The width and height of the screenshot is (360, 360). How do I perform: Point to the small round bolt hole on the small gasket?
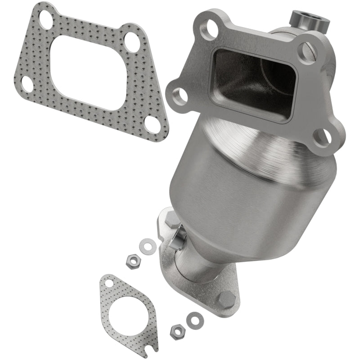(109, 283)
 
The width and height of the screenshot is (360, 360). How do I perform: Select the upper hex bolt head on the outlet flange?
(172, 220)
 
